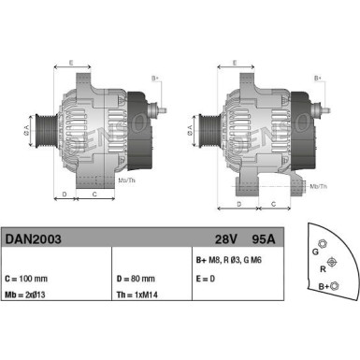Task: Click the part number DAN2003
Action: click(34, 239)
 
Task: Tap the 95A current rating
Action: click(266, 239)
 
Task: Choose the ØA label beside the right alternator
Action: click(190, 129)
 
